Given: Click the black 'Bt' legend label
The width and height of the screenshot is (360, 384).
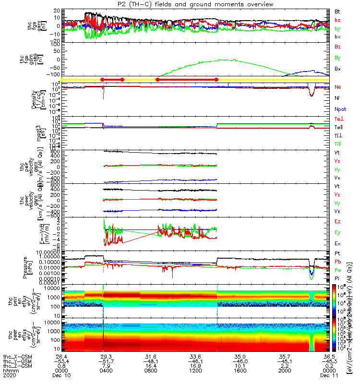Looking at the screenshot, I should click(338, 11).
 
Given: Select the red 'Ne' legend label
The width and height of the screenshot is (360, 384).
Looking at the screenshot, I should click(338, 87).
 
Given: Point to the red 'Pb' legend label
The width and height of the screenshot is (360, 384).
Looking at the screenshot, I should click(338, 262).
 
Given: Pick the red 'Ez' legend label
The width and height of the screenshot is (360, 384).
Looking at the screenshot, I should click(338, 221).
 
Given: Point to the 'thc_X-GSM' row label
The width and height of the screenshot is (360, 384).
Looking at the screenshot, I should click(15, 357).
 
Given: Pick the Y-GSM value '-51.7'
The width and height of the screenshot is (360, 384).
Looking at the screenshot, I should click(106, 361).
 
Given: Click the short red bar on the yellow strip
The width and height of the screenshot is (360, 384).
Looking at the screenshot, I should click(112, 79).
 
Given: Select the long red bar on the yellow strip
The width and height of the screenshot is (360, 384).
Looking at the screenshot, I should click(187, 79).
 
